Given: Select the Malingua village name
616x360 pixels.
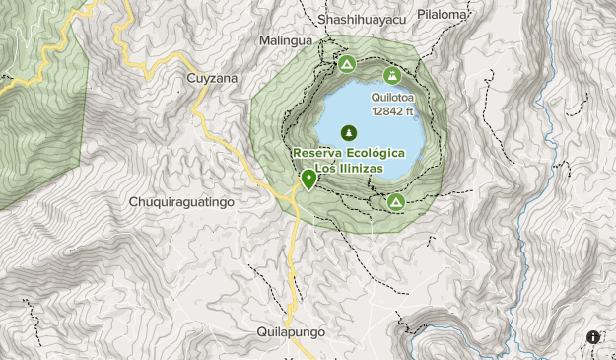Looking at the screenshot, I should tap(285, 41).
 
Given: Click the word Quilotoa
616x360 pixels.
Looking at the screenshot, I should tap(392, 98).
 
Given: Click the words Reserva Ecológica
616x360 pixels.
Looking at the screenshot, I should tap(348, 153).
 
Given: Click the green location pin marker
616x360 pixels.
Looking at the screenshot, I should tap(308, 179).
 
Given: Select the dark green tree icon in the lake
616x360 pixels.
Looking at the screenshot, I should tap(348, 132).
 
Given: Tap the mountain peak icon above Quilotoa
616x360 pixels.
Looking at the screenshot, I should tap(392, 76).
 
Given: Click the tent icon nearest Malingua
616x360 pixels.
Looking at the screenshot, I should tap(346, 65).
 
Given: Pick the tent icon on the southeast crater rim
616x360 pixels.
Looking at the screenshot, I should tap(395, 202).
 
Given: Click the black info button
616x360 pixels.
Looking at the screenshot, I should tap(593, 337).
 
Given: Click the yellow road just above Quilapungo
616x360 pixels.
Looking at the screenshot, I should tap(294, 296).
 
